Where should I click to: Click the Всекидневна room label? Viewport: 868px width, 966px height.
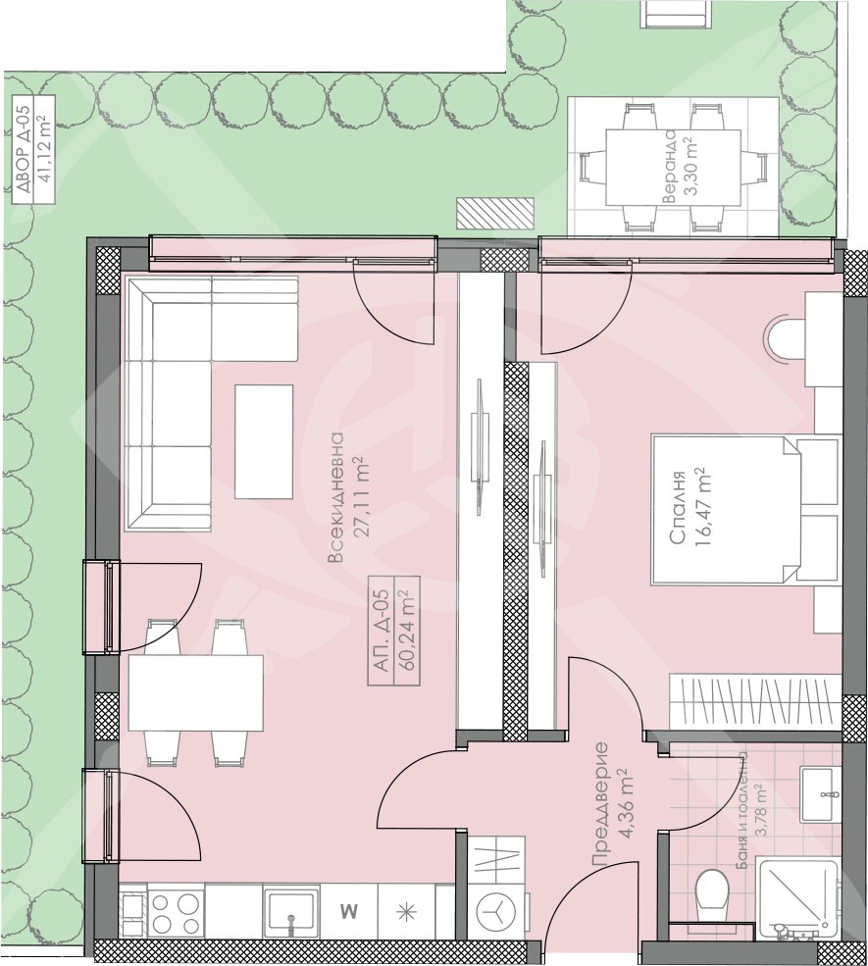pyautogui.click(x=335, y=498)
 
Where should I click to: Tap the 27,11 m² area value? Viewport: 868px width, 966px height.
pyautogui.click(x=362, y=496)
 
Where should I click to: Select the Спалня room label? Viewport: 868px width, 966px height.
pyautogui.click(x=677, y=509)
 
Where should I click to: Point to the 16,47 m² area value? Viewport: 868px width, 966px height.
pyautogui.click(x=701, y=508)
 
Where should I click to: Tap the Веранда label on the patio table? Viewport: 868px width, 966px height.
pyautogui.click(x=670, y=166)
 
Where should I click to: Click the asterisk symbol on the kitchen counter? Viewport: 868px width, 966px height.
pyautogui.click(x=406, y=911)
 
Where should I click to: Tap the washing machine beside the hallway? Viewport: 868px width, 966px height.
pyautogui.click(x=498, y=909)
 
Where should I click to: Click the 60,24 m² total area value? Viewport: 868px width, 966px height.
pyautogui.click(x=406, y=631)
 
